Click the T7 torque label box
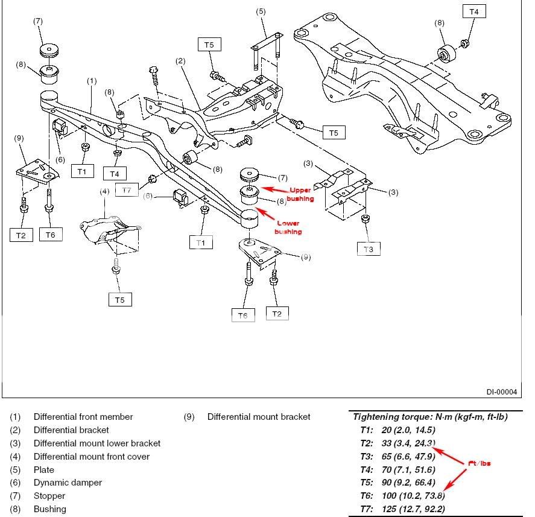[x=125, y=190]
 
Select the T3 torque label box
[x=369, y=248]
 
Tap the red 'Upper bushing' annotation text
[x=299, y=194]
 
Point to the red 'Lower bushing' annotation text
[x=288, y=227]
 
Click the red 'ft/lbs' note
[x=480, y=463]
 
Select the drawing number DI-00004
[x=502, y=392]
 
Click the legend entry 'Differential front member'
[x=83, y=417]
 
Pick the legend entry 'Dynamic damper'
[x=68, y=483]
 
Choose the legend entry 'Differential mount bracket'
[x=258, y=417]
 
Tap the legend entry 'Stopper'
[x=49, y=496]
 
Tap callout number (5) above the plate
[x=261, y=11]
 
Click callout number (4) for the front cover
[x=104, y=192]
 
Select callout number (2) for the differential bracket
[x=180, y=61]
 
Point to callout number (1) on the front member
[x=92, y=80]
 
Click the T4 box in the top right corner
[x=474, y=11]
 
